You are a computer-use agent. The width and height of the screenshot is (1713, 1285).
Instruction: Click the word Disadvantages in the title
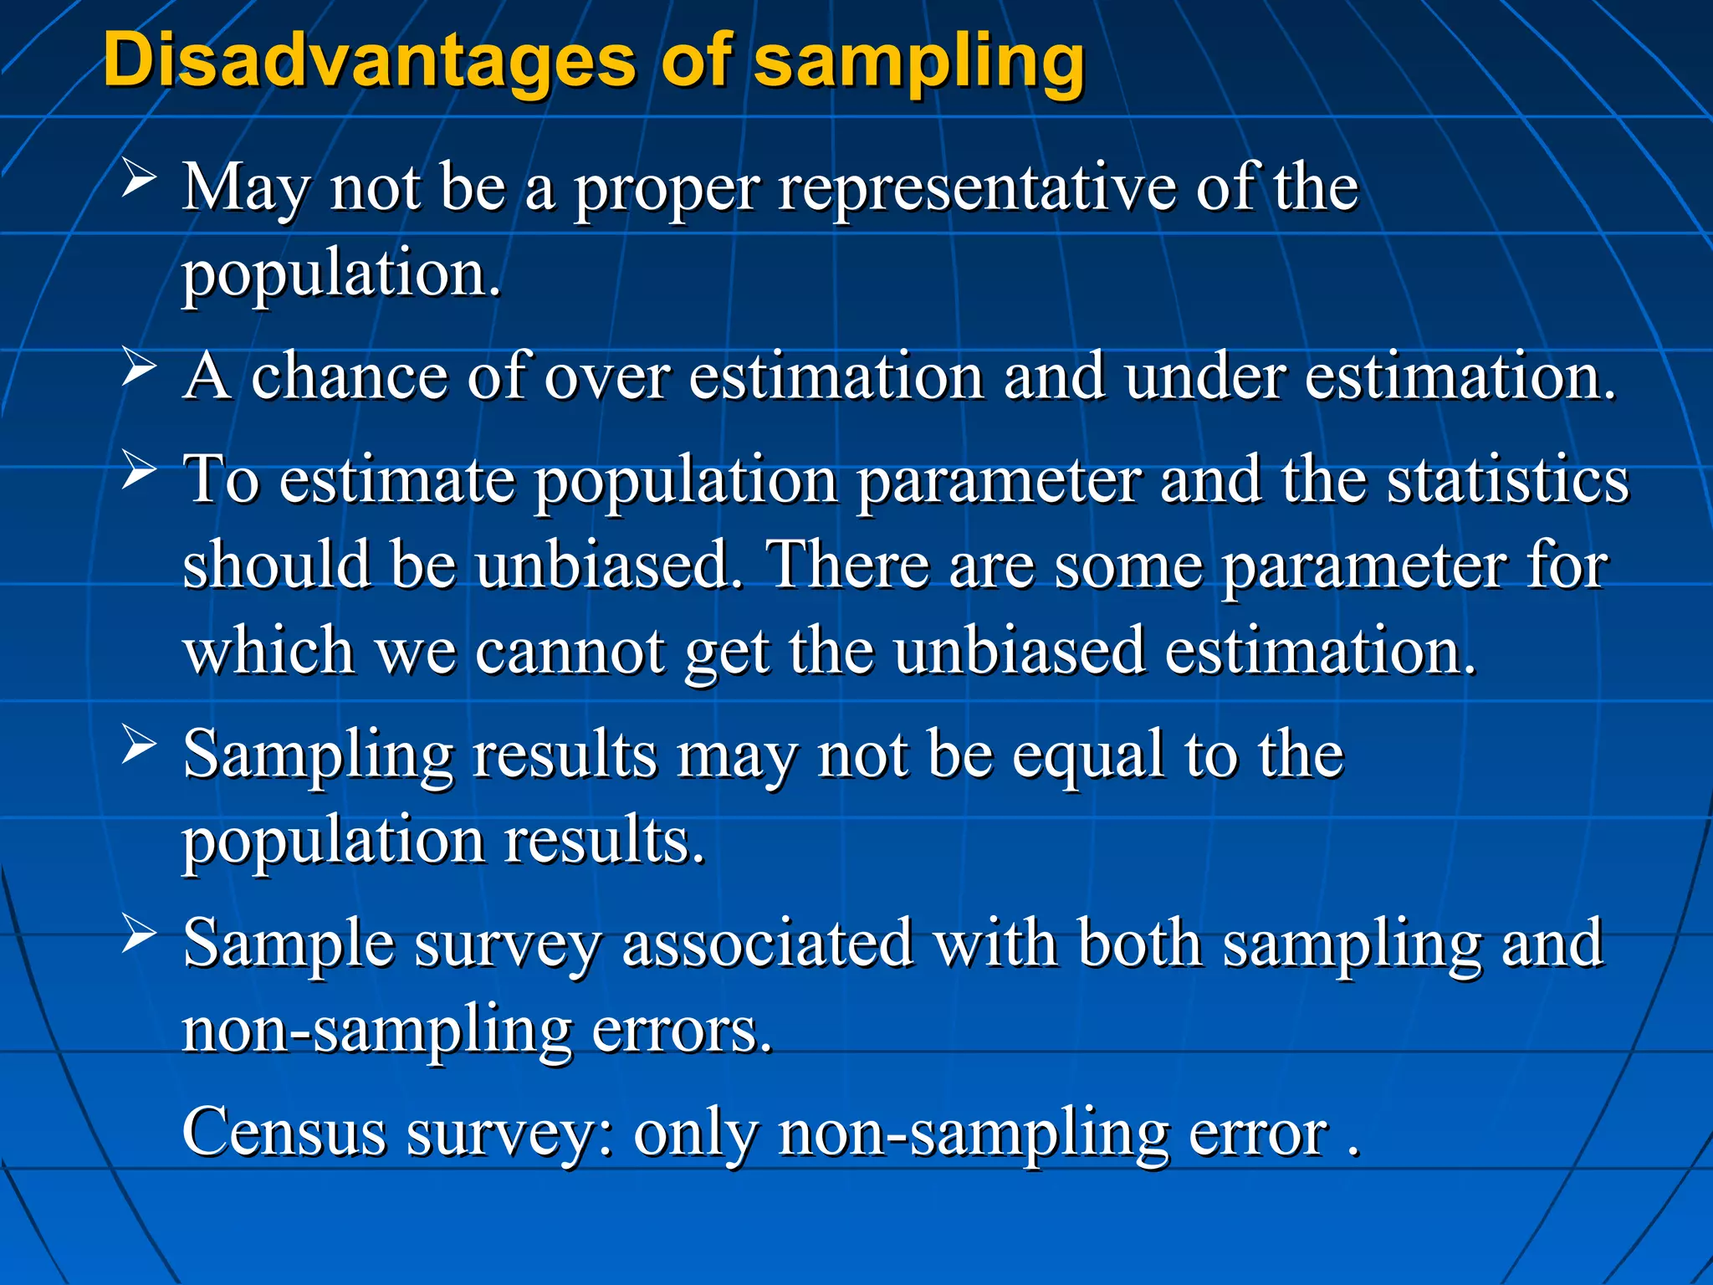369,60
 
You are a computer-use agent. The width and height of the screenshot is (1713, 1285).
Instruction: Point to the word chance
349,376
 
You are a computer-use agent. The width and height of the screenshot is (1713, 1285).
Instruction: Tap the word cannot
570,650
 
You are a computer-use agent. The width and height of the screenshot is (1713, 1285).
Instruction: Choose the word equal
1088,755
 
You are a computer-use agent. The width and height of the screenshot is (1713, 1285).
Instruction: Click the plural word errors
682,1030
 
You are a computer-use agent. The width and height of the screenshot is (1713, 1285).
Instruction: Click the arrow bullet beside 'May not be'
139,177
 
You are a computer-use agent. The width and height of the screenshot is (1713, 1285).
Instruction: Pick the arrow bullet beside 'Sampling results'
139,744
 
